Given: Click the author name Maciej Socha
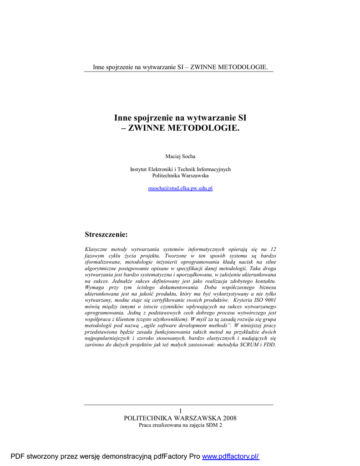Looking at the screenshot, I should (x=180, y=157).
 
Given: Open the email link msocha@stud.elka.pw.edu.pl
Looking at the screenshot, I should (x=180, y=188).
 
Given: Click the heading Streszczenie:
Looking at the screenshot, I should (x=106, y=234).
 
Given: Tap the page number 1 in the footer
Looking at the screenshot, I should (x=180, y=410).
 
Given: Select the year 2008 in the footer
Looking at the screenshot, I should (x=229, y=418).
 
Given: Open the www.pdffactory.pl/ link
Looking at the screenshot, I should (x=230, y=456).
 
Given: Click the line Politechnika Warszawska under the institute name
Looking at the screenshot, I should (x=180, y=175).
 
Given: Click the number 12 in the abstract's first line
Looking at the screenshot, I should (x=272, y=249).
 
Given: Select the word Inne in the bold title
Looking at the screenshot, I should (x=122, y=118).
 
